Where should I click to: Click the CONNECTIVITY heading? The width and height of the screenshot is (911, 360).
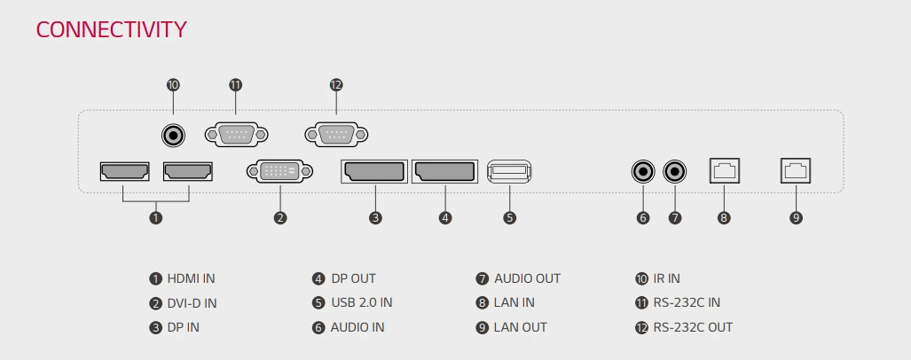(x=111, y=29)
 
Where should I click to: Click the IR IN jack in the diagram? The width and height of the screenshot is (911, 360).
(x=173, y=136)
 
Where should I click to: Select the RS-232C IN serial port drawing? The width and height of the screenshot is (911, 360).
(x=235, y=135)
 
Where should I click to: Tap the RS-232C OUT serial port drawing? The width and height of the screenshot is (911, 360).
(x=335, y=135)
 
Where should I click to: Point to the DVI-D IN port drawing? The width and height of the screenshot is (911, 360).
(x=279, y=171)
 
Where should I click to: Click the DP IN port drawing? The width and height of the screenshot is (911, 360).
(x=374, y=171)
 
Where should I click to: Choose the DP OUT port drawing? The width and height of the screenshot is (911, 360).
(x=444, y=171)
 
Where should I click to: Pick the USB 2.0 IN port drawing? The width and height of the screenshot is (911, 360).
(x=509, y=171)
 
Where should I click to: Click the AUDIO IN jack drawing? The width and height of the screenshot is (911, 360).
(x=643, y=170)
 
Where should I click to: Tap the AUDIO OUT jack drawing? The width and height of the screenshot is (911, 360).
(x=676, y=170)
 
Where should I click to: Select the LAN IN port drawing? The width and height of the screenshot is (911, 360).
(x=725, y=170)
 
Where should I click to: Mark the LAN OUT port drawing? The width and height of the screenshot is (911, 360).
(x=796, y=170)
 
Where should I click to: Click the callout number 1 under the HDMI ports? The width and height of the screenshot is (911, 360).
(x=156, y=217)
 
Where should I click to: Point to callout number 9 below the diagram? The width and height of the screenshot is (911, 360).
(x=796, y=217)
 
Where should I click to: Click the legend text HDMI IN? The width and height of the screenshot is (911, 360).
(x=191, y=278)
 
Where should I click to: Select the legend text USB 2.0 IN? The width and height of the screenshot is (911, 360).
(x=361, y=302)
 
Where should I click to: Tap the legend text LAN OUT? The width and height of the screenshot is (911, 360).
(x=520, y=327)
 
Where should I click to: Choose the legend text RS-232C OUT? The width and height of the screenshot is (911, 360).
(x=693, y=327)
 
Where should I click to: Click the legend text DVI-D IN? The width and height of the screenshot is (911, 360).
(x=192, y=303)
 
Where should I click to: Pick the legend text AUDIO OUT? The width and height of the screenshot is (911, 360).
(x=527, y=278)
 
